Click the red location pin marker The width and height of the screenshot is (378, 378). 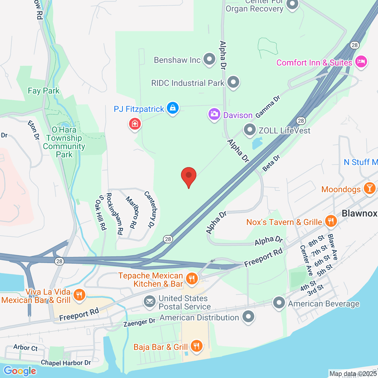coord(189,176)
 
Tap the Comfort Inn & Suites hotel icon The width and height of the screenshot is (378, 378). coord(361,61)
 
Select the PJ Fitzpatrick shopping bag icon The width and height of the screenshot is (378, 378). coord(173,108)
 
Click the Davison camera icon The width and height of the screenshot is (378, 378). coord(214,114)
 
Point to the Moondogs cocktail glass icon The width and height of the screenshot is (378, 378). coord(369,188)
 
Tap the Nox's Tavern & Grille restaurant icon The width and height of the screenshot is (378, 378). coord(330,221)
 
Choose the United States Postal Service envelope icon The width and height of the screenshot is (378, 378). coord(150,301)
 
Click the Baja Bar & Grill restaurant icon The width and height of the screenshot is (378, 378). coord(196,346)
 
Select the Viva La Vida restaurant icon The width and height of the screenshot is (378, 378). coord(79,295)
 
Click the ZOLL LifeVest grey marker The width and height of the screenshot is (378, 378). coord(249,130)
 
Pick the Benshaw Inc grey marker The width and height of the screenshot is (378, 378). coord(209,59)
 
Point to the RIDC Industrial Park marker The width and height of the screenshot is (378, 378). coord(233,82)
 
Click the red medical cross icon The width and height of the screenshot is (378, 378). coord(135,123)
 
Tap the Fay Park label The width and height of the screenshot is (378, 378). coord(43,91)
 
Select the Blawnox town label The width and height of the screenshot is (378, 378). coord(359,213)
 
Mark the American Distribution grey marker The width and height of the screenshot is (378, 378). coord(249,316)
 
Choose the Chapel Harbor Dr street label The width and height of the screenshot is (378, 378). coord(66,363)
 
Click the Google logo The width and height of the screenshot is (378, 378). coord(20,371)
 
